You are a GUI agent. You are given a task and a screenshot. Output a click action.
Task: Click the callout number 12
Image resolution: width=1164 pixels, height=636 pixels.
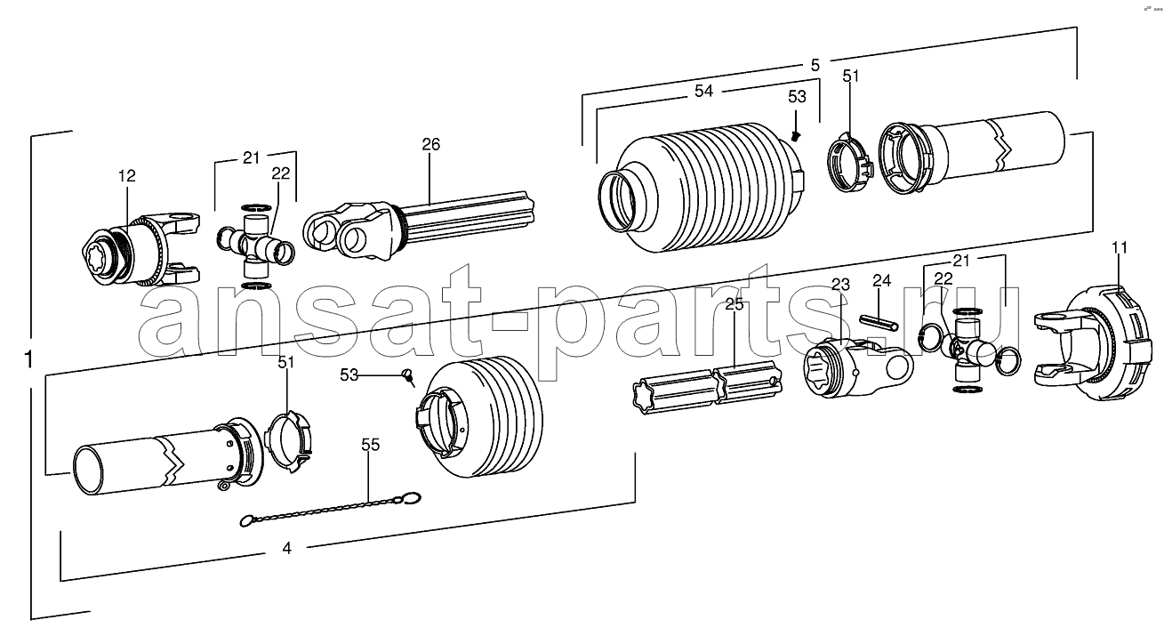click(x=127, y=176)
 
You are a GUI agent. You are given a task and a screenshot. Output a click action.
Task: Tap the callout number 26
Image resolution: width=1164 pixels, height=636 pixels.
click(x=430, y=144)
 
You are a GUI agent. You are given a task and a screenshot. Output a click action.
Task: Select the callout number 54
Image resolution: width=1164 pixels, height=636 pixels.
click(x=704, y=91)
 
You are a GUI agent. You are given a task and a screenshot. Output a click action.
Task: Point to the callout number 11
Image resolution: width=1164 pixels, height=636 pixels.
click(x=1119, y=247)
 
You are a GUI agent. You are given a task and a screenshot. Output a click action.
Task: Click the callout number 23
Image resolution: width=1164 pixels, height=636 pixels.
click(x=840, y=285)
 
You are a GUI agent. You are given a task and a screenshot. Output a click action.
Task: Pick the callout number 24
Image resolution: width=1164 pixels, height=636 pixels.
click(x=882, y=280)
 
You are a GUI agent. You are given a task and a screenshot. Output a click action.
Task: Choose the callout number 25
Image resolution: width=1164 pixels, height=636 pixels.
click(x=735, y=304)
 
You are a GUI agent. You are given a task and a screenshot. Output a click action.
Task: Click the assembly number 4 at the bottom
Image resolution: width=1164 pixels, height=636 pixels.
click(x=287, y=548)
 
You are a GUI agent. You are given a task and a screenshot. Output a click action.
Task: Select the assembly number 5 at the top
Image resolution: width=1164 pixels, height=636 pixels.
click(x=815, y=66)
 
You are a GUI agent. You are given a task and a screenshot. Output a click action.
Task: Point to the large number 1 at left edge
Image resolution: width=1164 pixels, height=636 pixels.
click(x=29, y=359)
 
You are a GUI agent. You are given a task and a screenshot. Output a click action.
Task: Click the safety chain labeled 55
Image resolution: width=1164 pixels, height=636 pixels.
click(x=331, y=509)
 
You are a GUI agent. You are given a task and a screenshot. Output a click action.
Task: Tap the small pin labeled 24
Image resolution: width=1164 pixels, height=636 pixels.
click(x=879, y=322)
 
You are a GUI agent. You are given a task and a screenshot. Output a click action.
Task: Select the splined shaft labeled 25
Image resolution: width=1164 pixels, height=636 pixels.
click(x=707, y=388)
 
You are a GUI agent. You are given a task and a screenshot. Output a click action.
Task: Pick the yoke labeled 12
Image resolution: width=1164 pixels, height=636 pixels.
click(x=140, y=248)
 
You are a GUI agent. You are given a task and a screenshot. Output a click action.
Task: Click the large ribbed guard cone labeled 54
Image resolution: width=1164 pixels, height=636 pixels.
click(x=702, y=188)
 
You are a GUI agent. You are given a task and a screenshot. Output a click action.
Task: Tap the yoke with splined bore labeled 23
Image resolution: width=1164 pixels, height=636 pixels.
click(x=857, y=367)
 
